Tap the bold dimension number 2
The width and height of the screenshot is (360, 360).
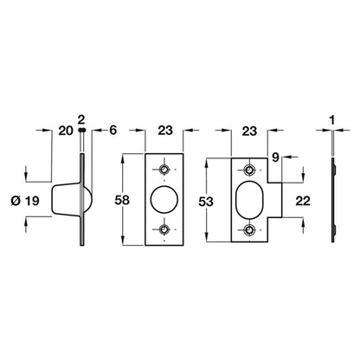pos(81,118)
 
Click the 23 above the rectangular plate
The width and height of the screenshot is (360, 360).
pos(164,133)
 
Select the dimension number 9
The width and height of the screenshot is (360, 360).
pos(276,157)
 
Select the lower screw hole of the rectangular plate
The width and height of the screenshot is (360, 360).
pos(164,230)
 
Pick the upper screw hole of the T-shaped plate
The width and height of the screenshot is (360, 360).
pos(249,169)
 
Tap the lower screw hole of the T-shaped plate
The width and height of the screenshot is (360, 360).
pos(249,230)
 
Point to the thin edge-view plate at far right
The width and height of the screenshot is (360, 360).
pos(334,200)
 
